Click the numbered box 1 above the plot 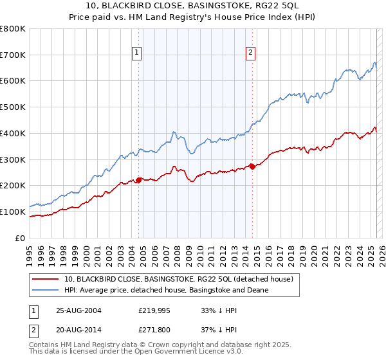click(138, 54)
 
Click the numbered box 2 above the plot click(250, 54)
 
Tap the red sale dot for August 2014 click(252, 166)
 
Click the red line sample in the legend click(45, 279)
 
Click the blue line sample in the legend click(45, 290)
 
